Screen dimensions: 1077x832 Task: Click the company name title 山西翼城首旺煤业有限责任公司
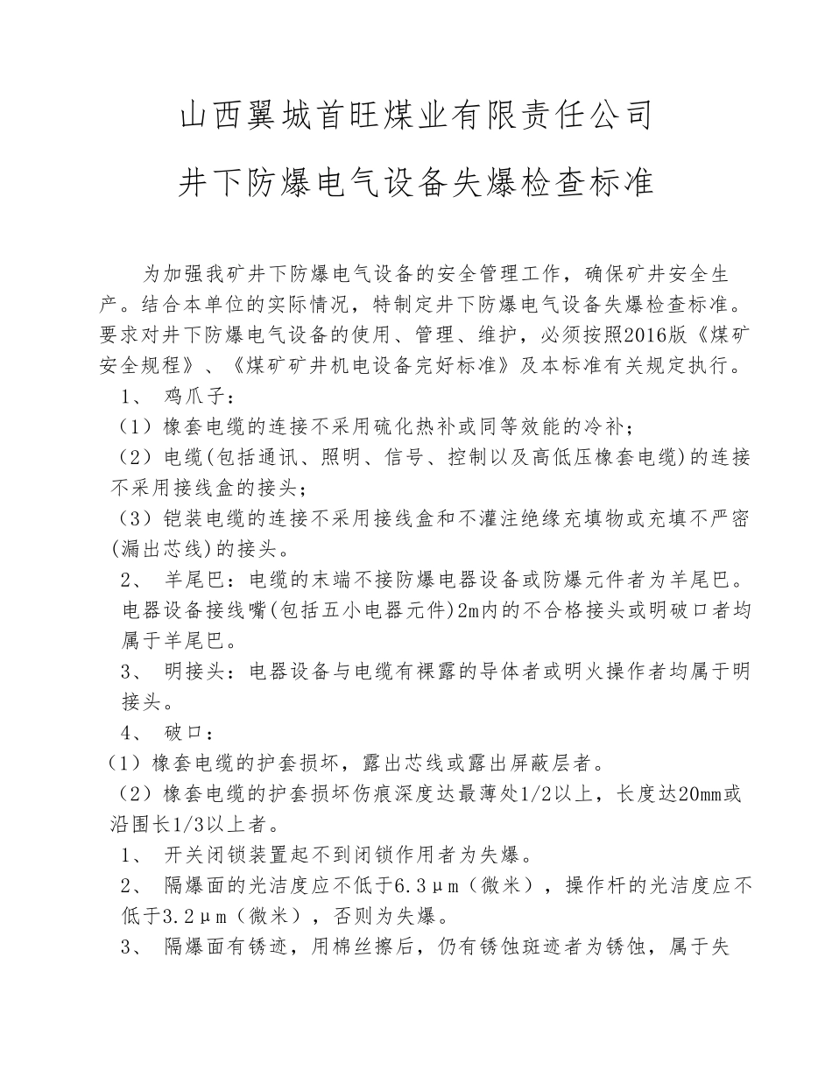416,115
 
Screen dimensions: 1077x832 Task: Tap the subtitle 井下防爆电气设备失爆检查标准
416,183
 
